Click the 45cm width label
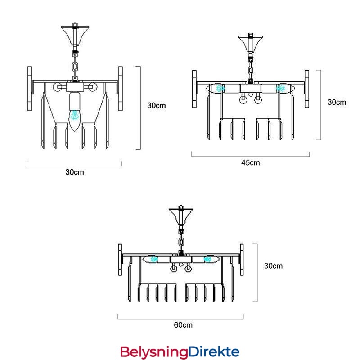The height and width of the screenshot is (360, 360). [x=251, y=163]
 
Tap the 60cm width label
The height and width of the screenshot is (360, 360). [x=183, y=325]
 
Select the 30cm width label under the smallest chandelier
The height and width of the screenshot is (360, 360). [x=75, y=172]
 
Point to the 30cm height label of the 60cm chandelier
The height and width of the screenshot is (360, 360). [x=273, y=266]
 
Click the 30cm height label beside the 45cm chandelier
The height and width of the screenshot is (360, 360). [x=337, y=103]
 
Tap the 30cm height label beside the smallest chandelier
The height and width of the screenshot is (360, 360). [x=156, y=106]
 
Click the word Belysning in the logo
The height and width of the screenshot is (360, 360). [x=154, y=352]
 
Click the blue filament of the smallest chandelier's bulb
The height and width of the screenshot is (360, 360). [x=74, y=115]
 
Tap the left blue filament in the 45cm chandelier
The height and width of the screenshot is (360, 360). [x=220, y=88]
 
